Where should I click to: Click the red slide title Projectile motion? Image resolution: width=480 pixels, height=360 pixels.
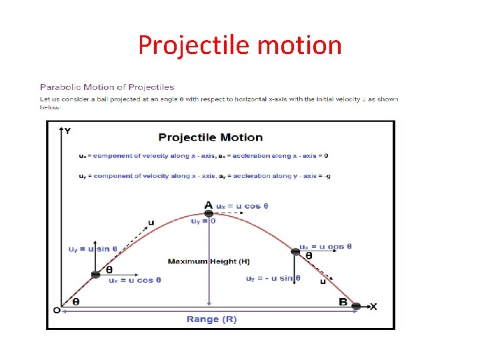point(240,45)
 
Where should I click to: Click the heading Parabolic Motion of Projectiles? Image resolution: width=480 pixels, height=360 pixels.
point(107,87)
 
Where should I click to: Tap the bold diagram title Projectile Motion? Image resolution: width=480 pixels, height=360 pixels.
point(211,137)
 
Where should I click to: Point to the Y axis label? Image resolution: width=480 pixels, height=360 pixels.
point(67,131)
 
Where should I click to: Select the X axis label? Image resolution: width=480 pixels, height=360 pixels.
point(373,307)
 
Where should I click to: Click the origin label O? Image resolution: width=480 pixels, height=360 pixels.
point(57,310)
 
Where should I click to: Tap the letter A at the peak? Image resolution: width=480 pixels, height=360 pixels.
point(209,205)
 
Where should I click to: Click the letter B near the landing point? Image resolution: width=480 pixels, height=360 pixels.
point(343,303)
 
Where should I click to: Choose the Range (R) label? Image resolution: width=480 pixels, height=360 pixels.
point(211,319)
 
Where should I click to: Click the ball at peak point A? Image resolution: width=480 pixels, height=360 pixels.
point(209,213)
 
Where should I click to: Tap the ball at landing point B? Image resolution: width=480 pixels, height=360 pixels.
point(357,306)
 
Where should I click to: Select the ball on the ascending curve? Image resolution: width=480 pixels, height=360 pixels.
point(96,273)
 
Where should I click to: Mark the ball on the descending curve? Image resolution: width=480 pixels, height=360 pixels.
point(297,251)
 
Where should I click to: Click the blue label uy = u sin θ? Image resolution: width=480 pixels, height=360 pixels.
point(93,249)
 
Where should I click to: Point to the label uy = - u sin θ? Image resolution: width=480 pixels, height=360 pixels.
point(273,278)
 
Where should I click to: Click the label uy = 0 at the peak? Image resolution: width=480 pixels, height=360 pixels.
point(203,221)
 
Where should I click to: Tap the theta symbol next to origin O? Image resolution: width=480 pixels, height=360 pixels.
point(75,301)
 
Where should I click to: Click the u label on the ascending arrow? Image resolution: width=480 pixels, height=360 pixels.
point(152,223)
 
